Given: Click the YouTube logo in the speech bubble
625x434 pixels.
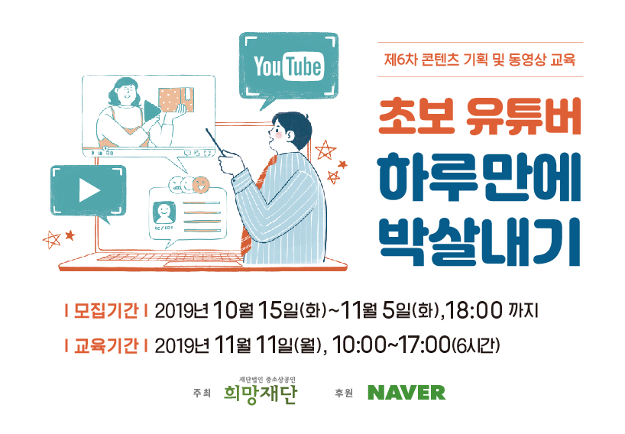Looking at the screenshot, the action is [x=288, y=66].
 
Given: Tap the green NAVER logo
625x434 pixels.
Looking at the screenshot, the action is [x=406, y=393].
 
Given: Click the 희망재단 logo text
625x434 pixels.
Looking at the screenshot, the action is [x=261, y=394].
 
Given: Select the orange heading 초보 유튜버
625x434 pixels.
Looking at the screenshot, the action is [x=480, y=117].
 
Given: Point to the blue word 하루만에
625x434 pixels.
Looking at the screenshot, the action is [x=480, y=177].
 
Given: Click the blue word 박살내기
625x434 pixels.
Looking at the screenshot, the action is [x=480, y=241].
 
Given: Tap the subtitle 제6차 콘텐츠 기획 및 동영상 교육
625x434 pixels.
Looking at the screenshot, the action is [x=480, y=60].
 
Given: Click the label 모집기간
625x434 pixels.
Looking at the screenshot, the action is [x=106, y=310].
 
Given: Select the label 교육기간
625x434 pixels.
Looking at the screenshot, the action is [x=106, y=345].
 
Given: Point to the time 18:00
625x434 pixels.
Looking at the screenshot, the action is [x=474, y=310].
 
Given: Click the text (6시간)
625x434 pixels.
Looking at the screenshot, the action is [x=475, y=345].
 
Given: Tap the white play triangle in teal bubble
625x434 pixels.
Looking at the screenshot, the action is [x=89, y=190].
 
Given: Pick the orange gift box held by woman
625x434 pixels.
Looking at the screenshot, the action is [x=176, y=99].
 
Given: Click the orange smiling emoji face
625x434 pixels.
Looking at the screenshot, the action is [x=201, y=184].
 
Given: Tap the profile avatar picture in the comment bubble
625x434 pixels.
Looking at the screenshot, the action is [x=164, y=213].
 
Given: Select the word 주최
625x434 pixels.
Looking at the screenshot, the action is [x=202, y=393].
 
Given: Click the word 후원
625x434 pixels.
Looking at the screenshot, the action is [x=344, y=393].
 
